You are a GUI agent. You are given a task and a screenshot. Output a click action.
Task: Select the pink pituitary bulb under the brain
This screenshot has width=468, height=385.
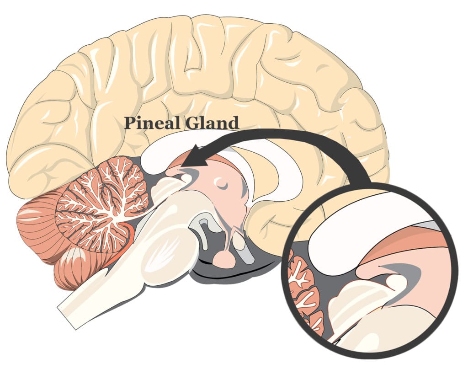coord(224,258)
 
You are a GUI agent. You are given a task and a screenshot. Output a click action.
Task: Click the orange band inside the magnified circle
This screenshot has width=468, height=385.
coord(411,238)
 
